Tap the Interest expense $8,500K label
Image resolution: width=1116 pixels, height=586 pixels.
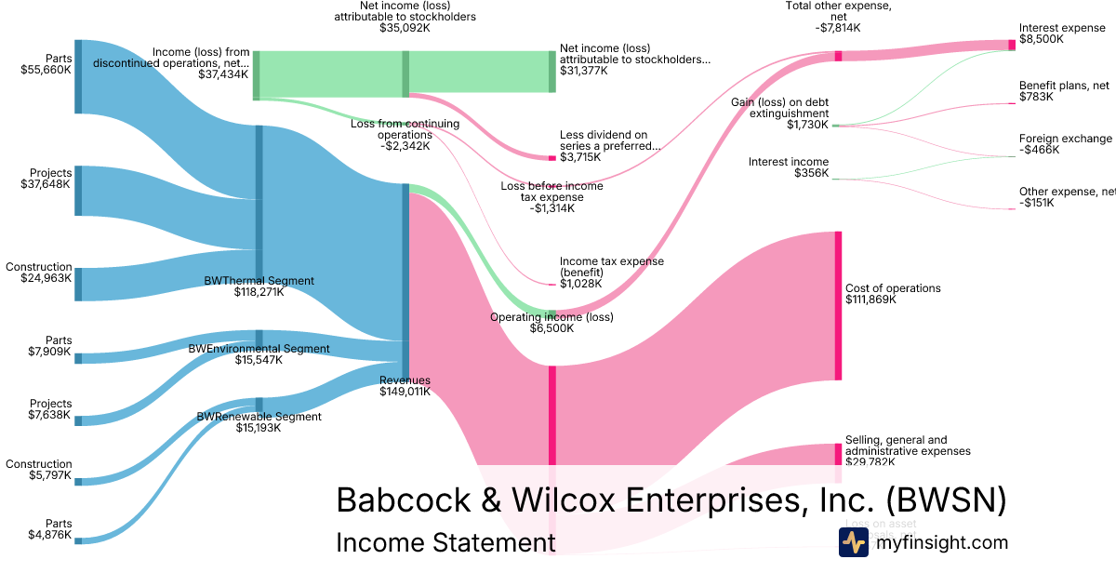[x=1062, y=34]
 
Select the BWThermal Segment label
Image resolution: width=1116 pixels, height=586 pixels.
[x=259, y=286]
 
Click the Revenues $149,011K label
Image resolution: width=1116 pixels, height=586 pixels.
[x=405, y=386]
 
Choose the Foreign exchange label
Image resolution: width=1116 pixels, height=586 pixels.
[x=1065, y=144]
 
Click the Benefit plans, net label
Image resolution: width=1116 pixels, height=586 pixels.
[x=1064, y=90]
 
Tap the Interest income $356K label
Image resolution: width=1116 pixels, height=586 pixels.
[x=788, y=167]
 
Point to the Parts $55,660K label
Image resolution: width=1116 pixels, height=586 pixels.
[x=46, y=63]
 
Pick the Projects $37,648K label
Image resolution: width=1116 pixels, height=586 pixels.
[x=46, y=179]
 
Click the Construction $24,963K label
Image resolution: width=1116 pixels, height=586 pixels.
[x=39, y=273]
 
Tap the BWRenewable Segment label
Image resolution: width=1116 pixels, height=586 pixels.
[x=259, y=422]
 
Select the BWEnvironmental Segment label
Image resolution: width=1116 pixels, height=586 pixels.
[x=259, y=354]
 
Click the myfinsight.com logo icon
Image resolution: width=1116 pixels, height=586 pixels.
[x=853, y=542]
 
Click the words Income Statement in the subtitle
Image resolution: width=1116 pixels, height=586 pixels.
[x=445, y=543]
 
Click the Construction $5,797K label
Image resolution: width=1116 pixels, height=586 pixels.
[x=39, y=471]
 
